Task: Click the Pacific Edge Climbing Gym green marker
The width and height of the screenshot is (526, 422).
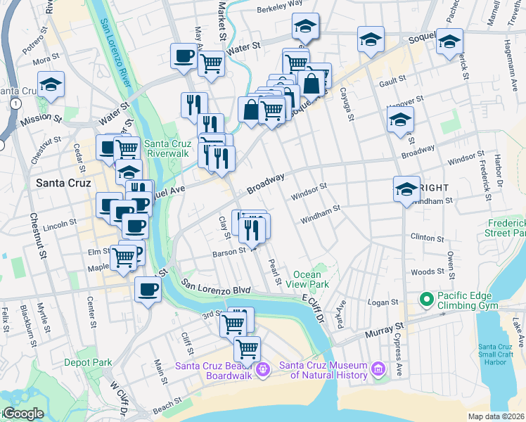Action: coord(425,300)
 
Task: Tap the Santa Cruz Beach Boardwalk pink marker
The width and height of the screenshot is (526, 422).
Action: coord(263,368)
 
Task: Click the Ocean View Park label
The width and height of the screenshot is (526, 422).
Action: coord(311,279)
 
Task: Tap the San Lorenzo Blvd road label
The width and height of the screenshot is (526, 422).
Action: coord(216,286)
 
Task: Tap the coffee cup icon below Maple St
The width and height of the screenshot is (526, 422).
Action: coord(148,289)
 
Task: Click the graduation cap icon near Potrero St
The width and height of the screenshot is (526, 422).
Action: coord(51,85)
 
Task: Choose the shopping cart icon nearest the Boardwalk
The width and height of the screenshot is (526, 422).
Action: coord(247,348)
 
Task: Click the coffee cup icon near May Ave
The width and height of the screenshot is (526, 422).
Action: coord(184,56)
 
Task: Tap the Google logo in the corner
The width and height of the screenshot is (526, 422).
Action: coord(22,414)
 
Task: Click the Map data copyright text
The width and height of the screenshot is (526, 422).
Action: coord(496,416)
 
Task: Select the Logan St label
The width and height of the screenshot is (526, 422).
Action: coord(383,302)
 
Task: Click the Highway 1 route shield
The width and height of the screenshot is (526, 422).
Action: coord(14,103)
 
